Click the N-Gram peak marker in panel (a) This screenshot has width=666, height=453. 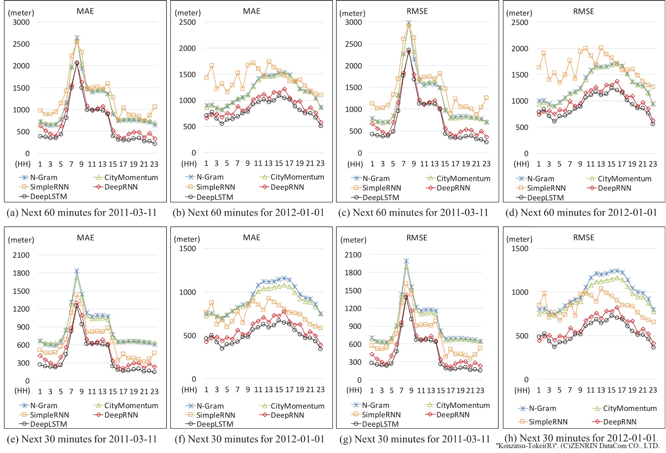point(77,38)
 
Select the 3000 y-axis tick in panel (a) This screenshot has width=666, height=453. point(21,22)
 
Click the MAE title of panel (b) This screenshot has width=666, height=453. point(251,11)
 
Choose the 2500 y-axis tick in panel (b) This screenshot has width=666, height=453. point(187,22)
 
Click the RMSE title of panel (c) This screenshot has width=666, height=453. point(417,11)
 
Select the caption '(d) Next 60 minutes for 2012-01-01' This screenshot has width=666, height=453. point(581,212)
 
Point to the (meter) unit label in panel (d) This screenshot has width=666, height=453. point(519,13)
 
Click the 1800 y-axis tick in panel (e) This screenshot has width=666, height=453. point(21,273)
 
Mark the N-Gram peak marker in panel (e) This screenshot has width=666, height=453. point(77,271)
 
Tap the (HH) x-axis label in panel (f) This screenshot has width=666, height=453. point(189,390)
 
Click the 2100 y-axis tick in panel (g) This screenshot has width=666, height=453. point(353,254)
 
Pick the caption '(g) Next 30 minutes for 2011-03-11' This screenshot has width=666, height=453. point(415,439)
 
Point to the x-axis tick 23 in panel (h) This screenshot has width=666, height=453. point(653,390)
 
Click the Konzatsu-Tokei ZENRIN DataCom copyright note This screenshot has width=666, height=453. point(578,446)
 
